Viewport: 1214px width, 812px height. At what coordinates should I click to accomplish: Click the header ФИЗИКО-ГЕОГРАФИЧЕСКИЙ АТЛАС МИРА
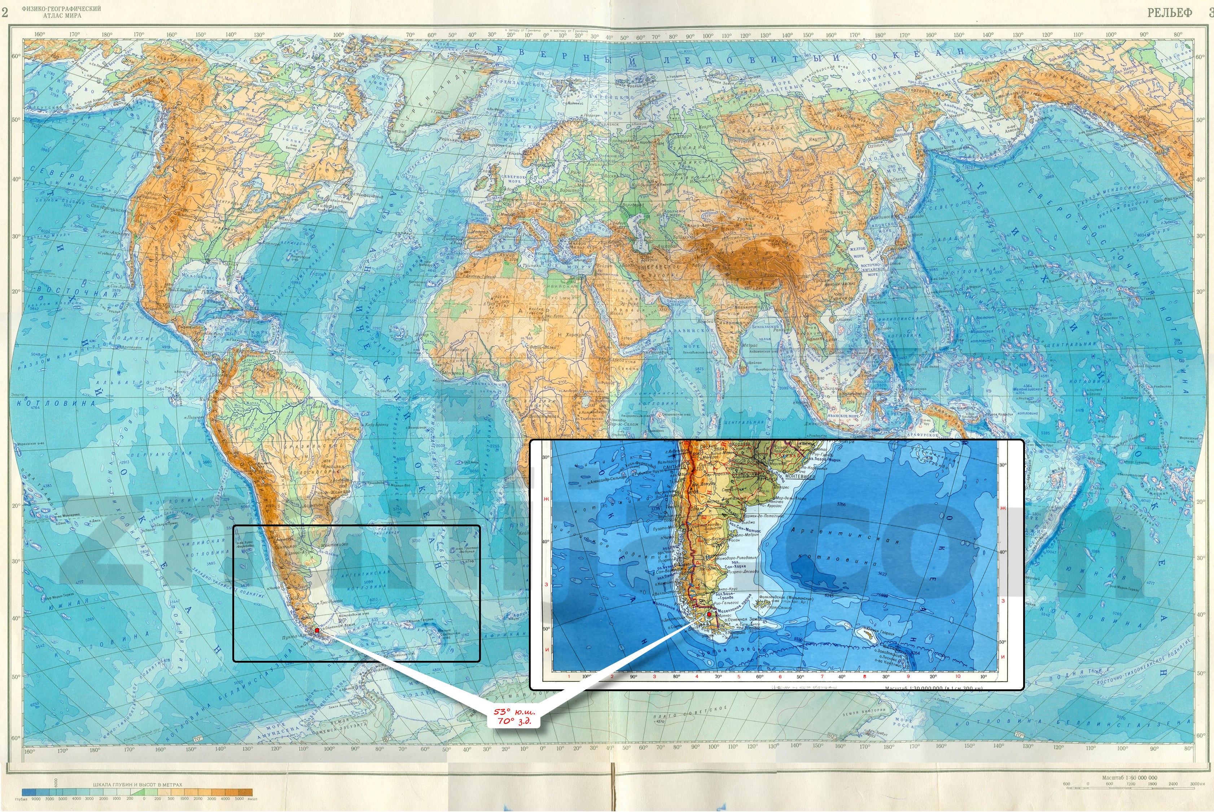[x=62, y=12]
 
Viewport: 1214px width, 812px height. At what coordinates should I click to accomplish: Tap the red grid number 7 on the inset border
[x=821, y=676]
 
